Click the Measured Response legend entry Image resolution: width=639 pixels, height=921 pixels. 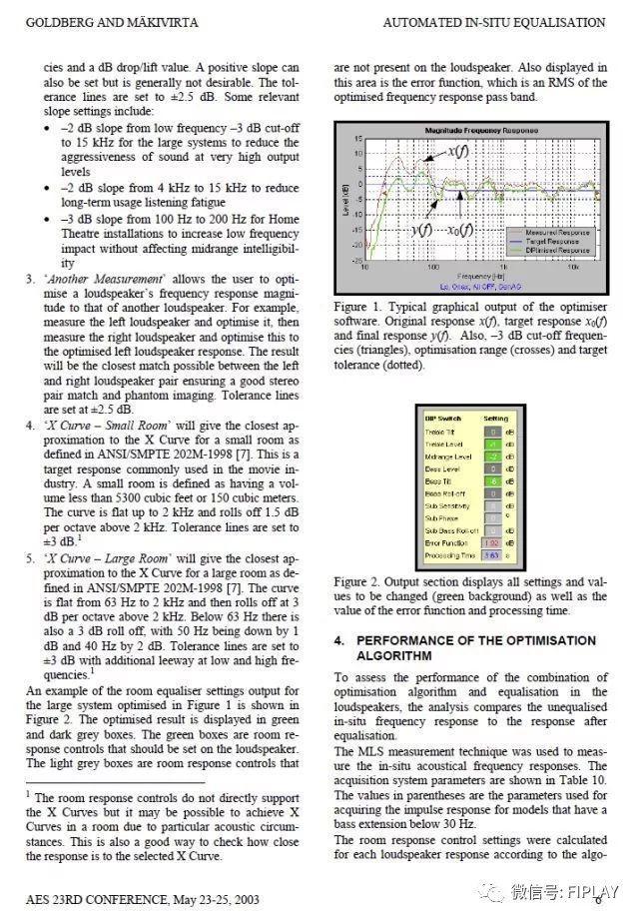553,232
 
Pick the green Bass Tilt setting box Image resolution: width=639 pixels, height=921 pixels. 492,480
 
